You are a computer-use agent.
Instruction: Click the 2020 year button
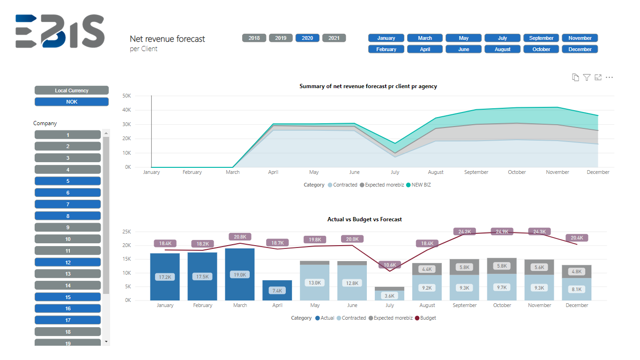(307, 38)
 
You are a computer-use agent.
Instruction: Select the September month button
(541, 38)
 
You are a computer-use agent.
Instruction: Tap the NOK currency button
(72, 102)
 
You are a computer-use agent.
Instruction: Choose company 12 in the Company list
(68, 262)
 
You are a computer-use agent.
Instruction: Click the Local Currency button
(72, 90)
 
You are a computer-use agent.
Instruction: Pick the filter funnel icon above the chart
(587, 77)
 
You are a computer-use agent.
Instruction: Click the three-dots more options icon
(609, 77)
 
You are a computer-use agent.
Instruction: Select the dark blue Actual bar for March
(240, 274)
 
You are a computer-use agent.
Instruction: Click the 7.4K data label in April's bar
(277, 291)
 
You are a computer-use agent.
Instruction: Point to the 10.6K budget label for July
(390, 265)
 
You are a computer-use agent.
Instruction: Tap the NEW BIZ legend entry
(418, 185)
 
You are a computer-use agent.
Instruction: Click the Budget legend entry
(425, 318)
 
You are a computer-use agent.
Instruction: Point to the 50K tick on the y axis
(127, 96)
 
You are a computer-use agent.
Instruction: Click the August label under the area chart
(435, 172)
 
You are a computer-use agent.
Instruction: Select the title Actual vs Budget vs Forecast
(365, 219)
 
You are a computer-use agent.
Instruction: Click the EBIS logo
(60, 31)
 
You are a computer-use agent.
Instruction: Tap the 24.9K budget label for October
(502, 231)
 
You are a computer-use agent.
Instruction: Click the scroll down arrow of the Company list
(106, 341)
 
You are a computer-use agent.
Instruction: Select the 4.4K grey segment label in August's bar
(427, 269)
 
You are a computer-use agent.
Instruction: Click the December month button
(580, 49)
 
